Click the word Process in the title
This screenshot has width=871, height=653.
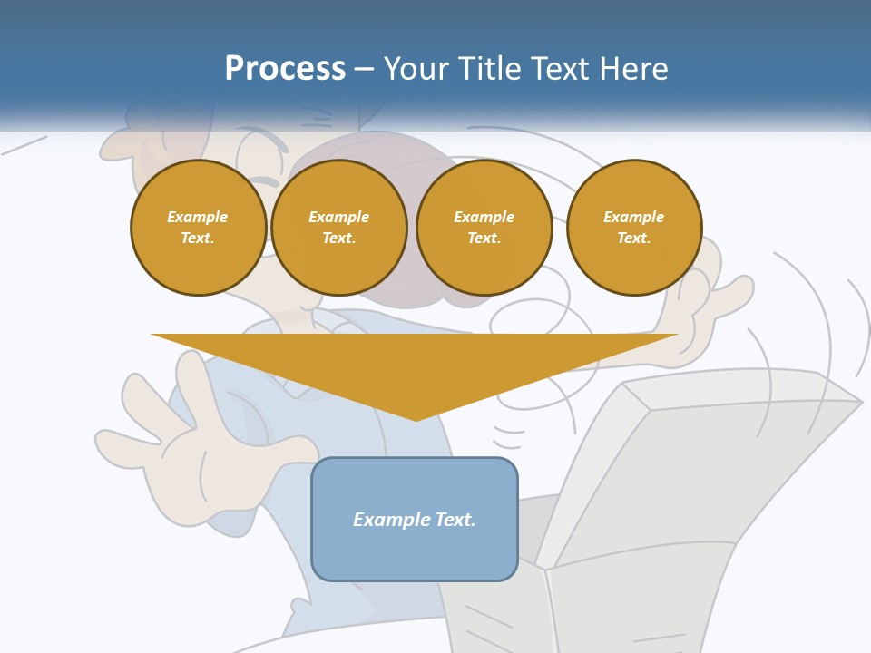pyautogui.click(x=285, y=69)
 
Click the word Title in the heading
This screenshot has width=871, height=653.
pyautogui.click(x=490, y=69)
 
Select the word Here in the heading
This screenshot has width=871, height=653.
pyautogui.click(x=633, y=69)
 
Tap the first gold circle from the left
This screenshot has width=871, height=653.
pyautogui.click(x=198, y=228)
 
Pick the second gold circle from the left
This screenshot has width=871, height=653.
pyautogui.click(x=338, y=228)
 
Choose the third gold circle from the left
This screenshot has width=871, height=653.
pyautogui.click(x=484, y=228)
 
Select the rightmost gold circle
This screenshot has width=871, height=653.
pyautogui.click(x=634, y=228)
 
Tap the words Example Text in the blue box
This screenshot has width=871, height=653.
pyautogui.click(x=415, y=520)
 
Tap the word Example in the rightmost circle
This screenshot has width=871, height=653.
pyautogui.click(x=634, y=217)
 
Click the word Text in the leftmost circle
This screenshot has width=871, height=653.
pyautogui.click(x=198, y=239)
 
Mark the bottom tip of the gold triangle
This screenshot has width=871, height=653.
pyautogui.click(x=416, y=419)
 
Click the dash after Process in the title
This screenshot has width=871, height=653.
pyautogui.click(x=364, y=69)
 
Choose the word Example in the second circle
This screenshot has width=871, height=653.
pyautogui.click(x=338, y=217)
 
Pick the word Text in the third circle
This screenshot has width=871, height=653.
pyautogui.click(x=484, y=239)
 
